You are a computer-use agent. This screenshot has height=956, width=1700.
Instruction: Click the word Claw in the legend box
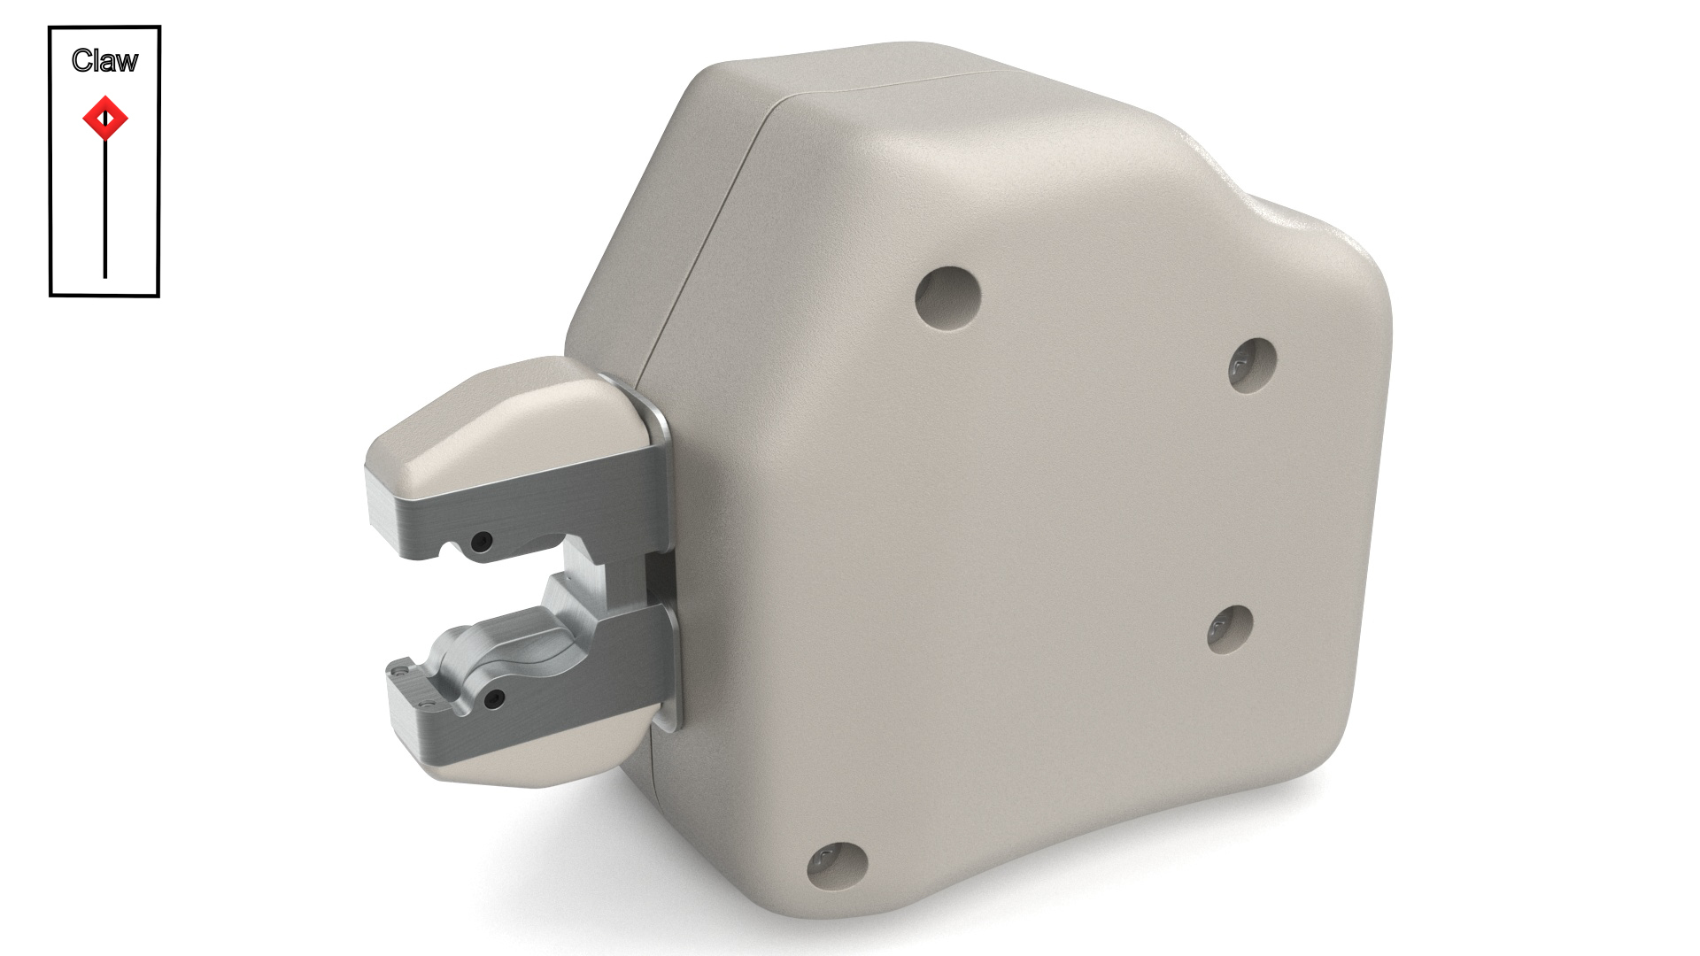104,60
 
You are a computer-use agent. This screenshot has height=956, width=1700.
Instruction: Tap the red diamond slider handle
105,118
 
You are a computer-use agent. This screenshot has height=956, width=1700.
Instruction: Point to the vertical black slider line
105,212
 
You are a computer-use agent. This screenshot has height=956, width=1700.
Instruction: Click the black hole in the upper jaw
482,540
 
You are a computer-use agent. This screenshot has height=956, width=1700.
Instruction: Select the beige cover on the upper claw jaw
496,425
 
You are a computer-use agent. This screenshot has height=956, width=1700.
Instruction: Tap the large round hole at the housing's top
948,297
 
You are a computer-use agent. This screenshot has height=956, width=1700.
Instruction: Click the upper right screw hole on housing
1253,364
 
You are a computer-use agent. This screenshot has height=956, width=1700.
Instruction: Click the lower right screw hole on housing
1230,630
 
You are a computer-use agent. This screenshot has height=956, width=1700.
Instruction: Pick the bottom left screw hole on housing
837,866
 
